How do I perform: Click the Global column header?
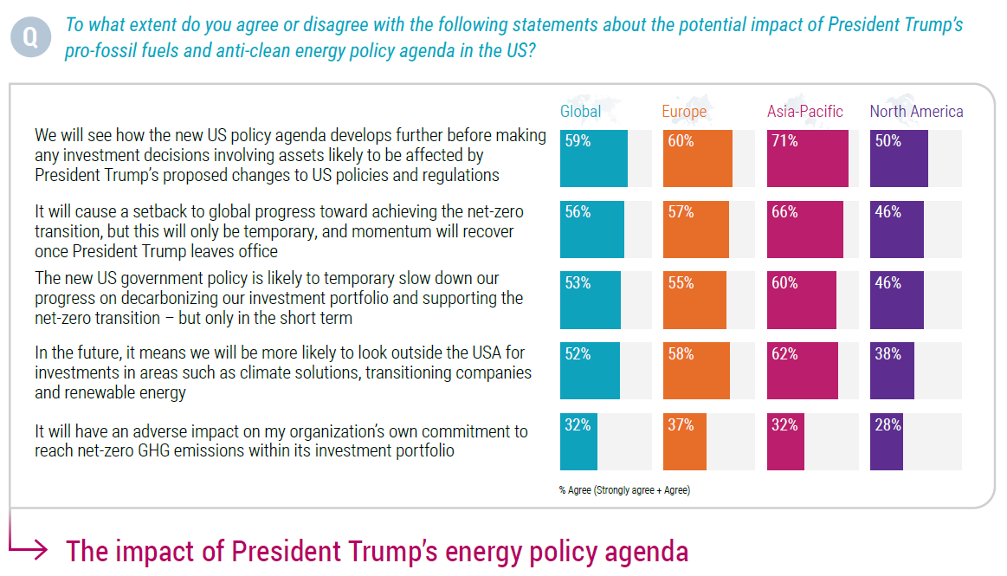click(580, 112)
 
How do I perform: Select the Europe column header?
click(684, 112)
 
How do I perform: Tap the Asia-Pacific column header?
click(804, 112)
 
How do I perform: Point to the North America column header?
click(916, 112)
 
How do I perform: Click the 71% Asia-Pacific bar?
click(808, 159)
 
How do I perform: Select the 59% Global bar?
click(594, 159)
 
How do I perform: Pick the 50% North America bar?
click(899, 159)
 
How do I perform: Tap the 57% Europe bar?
click(696, 230)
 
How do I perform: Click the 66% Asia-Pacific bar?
click(805, 230)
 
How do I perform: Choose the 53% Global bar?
click(591, 300)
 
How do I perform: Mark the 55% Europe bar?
click(695, 300)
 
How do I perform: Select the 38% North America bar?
click(892, 371)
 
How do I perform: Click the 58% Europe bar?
click(697, 371)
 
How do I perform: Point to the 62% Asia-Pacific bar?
click(803, 371)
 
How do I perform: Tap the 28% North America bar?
click(887, 442)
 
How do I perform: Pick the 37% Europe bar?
click(685, 442)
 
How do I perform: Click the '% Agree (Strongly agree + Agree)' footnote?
click(624, 490)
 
